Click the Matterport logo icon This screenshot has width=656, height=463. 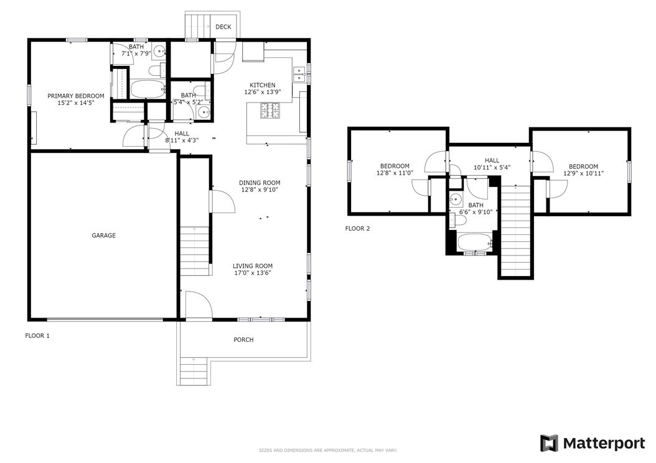(549, 443)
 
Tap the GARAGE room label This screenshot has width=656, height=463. (104, 236)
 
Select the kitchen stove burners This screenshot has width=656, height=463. (270, 111)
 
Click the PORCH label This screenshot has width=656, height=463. (243, 340)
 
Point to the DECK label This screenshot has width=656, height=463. (223, 27)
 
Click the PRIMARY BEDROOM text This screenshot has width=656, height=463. (76, 96)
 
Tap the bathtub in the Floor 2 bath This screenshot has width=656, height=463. (475, 242)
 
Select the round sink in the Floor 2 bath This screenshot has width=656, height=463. (456, 198)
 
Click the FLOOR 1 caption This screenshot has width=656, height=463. (37, 336)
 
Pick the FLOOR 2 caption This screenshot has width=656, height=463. (357, 229)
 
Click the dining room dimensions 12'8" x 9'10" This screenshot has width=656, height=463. (260, 190)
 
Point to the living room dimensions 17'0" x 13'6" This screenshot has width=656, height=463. (253, 273)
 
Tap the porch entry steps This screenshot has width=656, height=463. (194, 371)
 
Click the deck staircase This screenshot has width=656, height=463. (198, 26)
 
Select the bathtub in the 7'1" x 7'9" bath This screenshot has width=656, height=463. (148, 89)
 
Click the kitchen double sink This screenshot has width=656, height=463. (299, 74)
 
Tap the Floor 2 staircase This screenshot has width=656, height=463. (516, 231)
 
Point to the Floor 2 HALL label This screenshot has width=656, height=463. (492, 160)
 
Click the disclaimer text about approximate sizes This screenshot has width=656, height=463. (328, 451)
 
